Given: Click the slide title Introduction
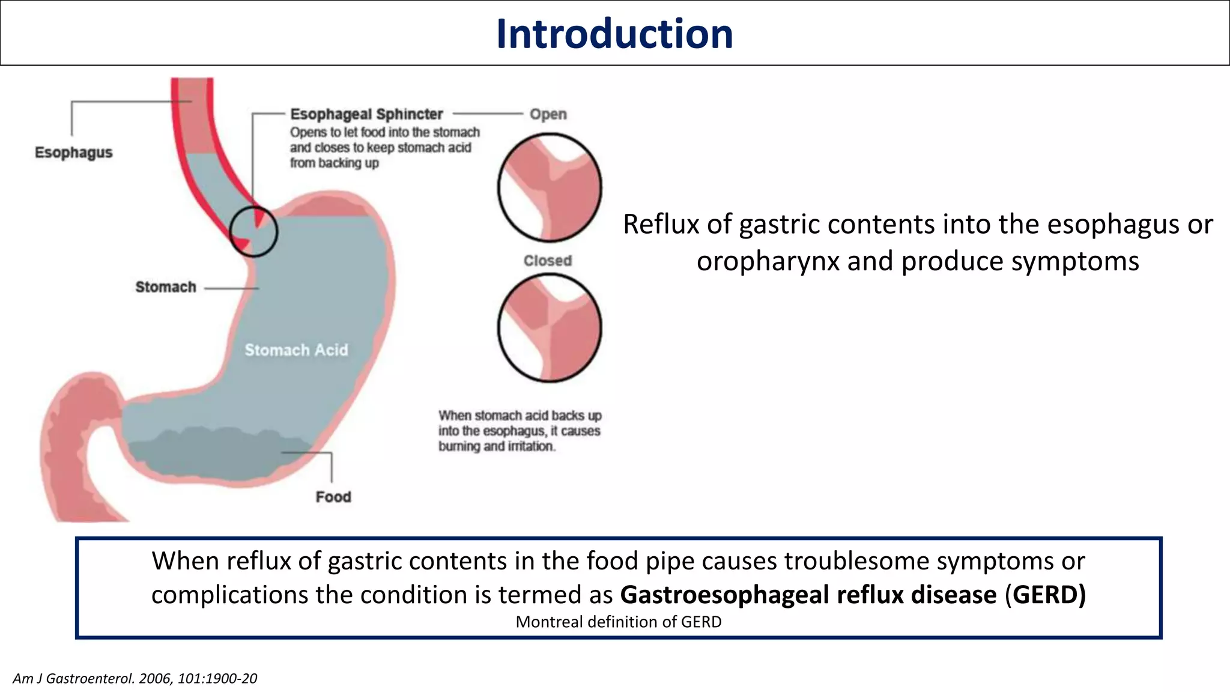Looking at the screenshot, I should pyautogui.click(x=614, y=34).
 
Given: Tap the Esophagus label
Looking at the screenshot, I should pyautogui.click(x=73, y=153).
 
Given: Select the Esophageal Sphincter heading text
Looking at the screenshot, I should pyautogui.click(x=366, y=114).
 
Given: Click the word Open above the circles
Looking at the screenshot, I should pyautogui.click(x=548, y=114).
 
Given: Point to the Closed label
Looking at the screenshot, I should pyautogui.click(x=547, y=261).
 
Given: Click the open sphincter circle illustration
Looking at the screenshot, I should pyautogui.click(x=550, y=188).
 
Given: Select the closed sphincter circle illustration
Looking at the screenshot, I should pyautogui.click(x=550, y=328).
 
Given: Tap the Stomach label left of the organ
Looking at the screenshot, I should pyautogui.click(x=166, y=287).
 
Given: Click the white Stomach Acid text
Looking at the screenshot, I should pyautogui.click(x=296, y=350).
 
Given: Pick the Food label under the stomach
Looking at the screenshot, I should pyautogui.click(x=333, y=497).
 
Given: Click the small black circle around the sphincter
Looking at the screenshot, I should pyautogui.click(x=253, y=231).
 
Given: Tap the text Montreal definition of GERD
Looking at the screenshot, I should pyautogui.click(x=619, y=622).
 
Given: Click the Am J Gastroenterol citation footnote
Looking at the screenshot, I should pyautogui.click(x=135, y=678).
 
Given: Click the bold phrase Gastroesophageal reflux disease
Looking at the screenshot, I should pyautogui.click(x=808, y=595).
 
